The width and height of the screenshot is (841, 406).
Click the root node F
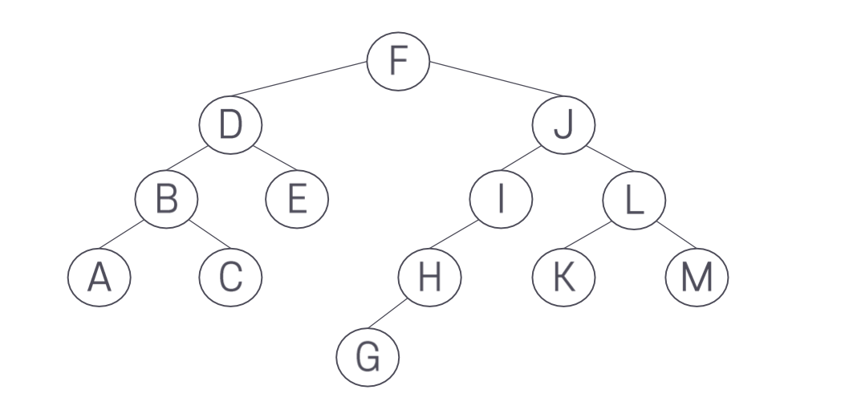[399, 62]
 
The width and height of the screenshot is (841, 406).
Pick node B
[166, 198]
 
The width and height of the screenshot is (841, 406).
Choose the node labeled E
[297, 198]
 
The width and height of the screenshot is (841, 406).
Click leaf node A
[99, 278]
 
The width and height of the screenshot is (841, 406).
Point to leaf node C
[230, 278]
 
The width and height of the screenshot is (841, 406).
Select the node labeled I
[501, 198]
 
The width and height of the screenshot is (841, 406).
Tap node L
[634, 198]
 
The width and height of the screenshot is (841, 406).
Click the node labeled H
[430, 278]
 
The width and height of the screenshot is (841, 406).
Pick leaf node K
[564, 278]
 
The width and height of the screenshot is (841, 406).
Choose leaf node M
[697, 278]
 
